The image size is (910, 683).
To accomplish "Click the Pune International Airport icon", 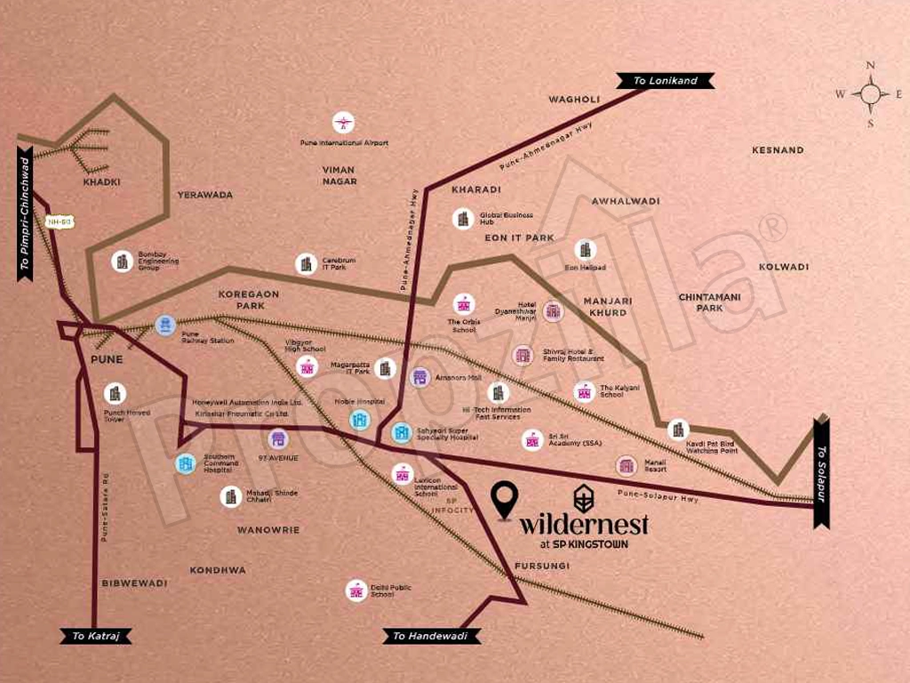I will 343,123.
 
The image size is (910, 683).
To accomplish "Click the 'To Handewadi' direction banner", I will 431,636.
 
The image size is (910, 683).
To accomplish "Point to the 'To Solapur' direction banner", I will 821,471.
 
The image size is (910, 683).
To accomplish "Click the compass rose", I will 870,93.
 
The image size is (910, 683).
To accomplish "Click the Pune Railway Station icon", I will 165,325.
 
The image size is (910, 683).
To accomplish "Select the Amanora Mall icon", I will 419,377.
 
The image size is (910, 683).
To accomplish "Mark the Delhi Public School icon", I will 356,591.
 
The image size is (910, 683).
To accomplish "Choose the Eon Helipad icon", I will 585,250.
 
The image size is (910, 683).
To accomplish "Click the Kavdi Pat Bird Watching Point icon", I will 678,430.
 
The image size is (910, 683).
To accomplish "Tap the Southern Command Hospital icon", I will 186,463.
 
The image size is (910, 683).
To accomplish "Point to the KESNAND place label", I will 778,150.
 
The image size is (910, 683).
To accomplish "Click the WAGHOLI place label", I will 575,99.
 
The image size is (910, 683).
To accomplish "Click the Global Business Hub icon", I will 462,219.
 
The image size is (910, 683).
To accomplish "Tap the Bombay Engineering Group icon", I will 123,261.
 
